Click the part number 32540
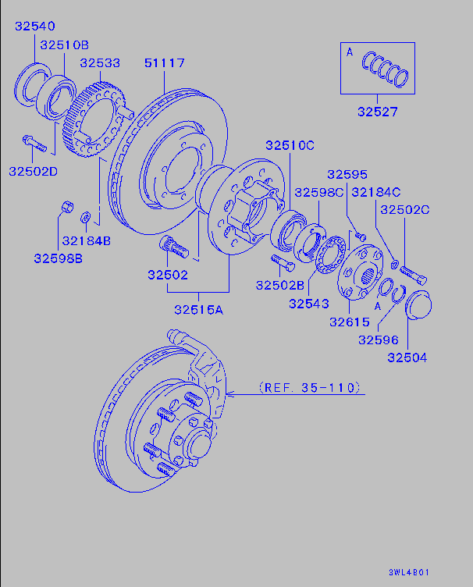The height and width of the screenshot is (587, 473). tap(34, 27)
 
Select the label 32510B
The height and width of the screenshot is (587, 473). tap(65, 44)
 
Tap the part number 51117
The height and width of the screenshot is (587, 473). tap(165, 63)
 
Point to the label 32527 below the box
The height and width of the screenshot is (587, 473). tap(378, 112)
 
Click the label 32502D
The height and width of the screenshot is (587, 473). tap(34, 171)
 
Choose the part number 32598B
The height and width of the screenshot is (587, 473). tap(58, 258)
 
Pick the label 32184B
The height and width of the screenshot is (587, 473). tap(87, 240)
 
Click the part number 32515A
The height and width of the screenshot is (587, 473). tap(198, 309)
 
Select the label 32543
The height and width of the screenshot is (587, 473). tap(308, 303)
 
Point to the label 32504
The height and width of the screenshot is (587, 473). tap(407, 358)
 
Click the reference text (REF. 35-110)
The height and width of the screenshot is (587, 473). tap(308, 386)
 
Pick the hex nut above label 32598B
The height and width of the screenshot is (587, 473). tap(66, 208)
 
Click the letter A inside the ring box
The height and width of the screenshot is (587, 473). tap(350, 53)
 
